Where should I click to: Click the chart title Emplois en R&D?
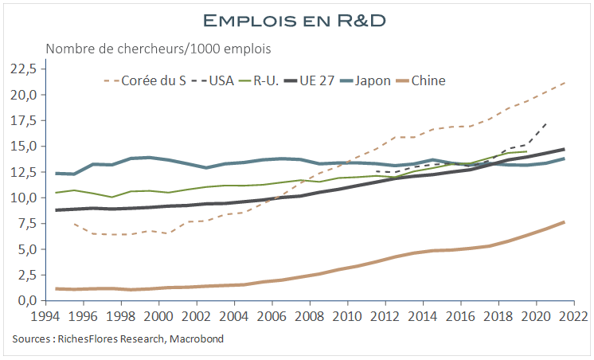point(296,18)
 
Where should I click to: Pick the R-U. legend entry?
point(265,80)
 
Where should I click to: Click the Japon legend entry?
point(372,80)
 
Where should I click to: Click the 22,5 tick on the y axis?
point(22,69)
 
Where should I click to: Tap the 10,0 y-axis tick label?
point(22,198)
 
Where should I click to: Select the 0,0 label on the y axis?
point(25,300)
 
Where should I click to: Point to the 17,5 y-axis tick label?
point(22,120)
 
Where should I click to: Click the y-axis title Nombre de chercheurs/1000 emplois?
point(158,49)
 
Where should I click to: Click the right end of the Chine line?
point(564,222)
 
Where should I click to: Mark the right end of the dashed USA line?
point(545,123)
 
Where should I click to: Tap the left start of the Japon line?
point(56,173)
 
